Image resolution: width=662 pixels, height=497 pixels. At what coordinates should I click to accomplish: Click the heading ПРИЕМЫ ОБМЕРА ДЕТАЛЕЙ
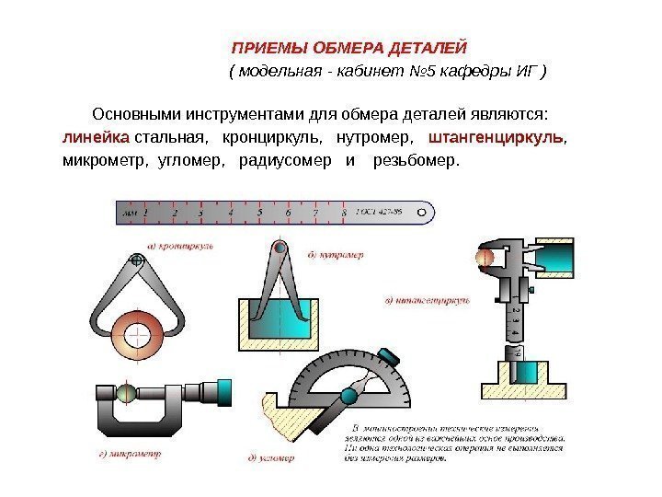[349, 47]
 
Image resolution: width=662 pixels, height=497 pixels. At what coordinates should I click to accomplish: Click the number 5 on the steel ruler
[259, 212]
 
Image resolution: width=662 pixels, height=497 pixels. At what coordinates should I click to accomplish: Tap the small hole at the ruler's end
[423, 212]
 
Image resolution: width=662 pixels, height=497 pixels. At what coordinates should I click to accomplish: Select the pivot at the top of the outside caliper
[137, 261]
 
